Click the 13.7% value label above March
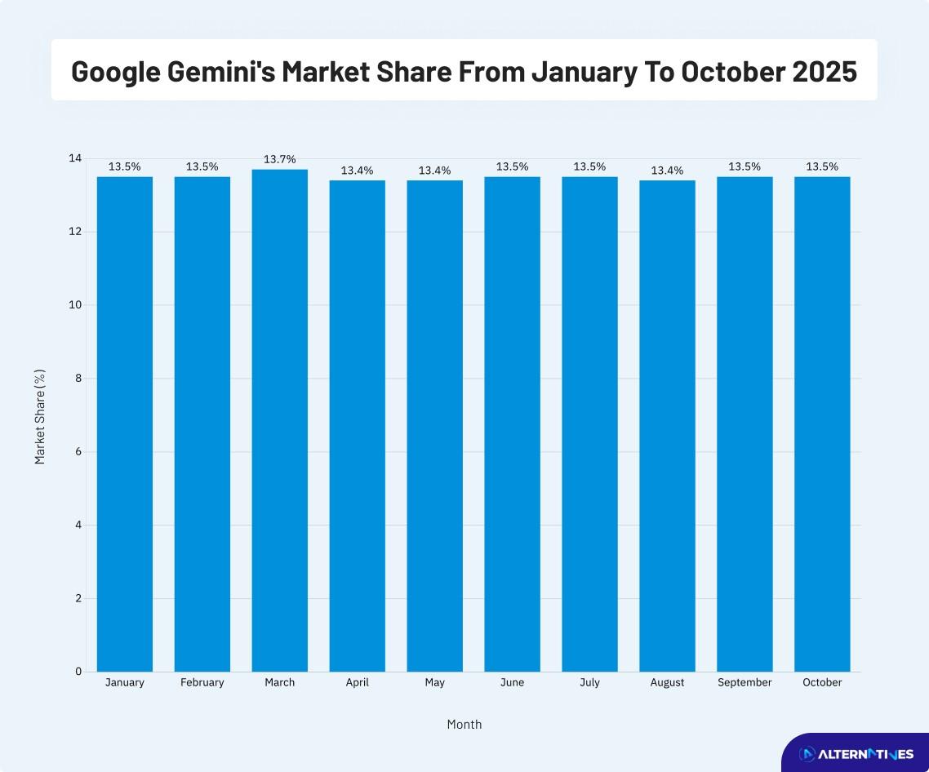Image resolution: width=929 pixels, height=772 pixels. (x=279, y=159)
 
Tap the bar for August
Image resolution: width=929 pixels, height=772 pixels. (x=667, y=425)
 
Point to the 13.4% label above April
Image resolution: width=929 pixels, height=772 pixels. (x=357, y=171)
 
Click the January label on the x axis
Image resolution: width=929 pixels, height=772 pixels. (x=124, y=682)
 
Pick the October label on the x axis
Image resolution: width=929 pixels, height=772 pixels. (x=822, y=682)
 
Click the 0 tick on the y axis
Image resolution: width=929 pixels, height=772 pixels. (x=78, y=672)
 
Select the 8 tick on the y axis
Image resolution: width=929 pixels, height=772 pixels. (x=78, y=379)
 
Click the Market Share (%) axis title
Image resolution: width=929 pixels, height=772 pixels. (x=40, y=416)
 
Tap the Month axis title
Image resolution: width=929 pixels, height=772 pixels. (x=464, y=724)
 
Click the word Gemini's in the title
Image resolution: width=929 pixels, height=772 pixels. (x=223, y=72)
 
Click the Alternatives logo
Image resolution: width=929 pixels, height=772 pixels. (x=856, y=753)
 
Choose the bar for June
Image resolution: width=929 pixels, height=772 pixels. (x=512, y=424)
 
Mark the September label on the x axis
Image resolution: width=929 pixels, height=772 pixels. (x=745, y=682)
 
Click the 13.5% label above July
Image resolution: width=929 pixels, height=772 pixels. (x=589, y=166)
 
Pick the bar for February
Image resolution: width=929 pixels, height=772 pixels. (x=202, y=424)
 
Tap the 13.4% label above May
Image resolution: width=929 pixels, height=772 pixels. (x=434, y=171)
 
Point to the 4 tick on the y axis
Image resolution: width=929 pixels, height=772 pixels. (x=78, y=525)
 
